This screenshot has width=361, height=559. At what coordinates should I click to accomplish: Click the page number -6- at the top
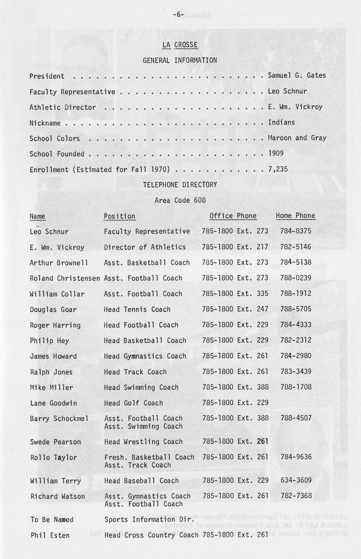point(178,15)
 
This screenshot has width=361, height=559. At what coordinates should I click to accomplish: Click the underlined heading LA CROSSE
point(180,45)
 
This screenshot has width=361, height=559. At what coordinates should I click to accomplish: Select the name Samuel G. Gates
point(297,76)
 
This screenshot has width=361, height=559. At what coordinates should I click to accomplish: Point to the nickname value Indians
point(281,122)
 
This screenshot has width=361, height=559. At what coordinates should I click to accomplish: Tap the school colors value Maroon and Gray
point(297,138)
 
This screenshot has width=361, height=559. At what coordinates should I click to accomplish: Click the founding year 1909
point(276,154)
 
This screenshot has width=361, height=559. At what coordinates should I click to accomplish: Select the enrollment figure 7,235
point(278,169)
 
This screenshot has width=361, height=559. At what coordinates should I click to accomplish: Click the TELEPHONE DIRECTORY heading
point(180,185)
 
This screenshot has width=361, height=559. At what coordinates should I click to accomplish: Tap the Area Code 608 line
point(180,201)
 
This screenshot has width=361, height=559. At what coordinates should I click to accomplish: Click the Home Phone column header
point(295,216)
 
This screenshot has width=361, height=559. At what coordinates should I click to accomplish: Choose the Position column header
point(120,216)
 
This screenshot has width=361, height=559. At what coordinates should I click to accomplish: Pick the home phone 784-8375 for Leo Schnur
point(295,232)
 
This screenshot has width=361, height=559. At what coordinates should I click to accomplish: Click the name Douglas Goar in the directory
point(53,310)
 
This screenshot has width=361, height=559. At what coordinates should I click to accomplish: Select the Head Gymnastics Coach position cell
point(145,356)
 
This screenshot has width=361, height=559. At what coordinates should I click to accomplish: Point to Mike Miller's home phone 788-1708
point(296,387)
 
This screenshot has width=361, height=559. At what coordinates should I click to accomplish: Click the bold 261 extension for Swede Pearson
point(263,442)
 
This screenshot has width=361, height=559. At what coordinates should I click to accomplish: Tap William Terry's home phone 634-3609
point(296,481)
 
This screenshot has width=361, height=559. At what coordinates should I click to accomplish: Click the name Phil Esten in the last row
point(50,536)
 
